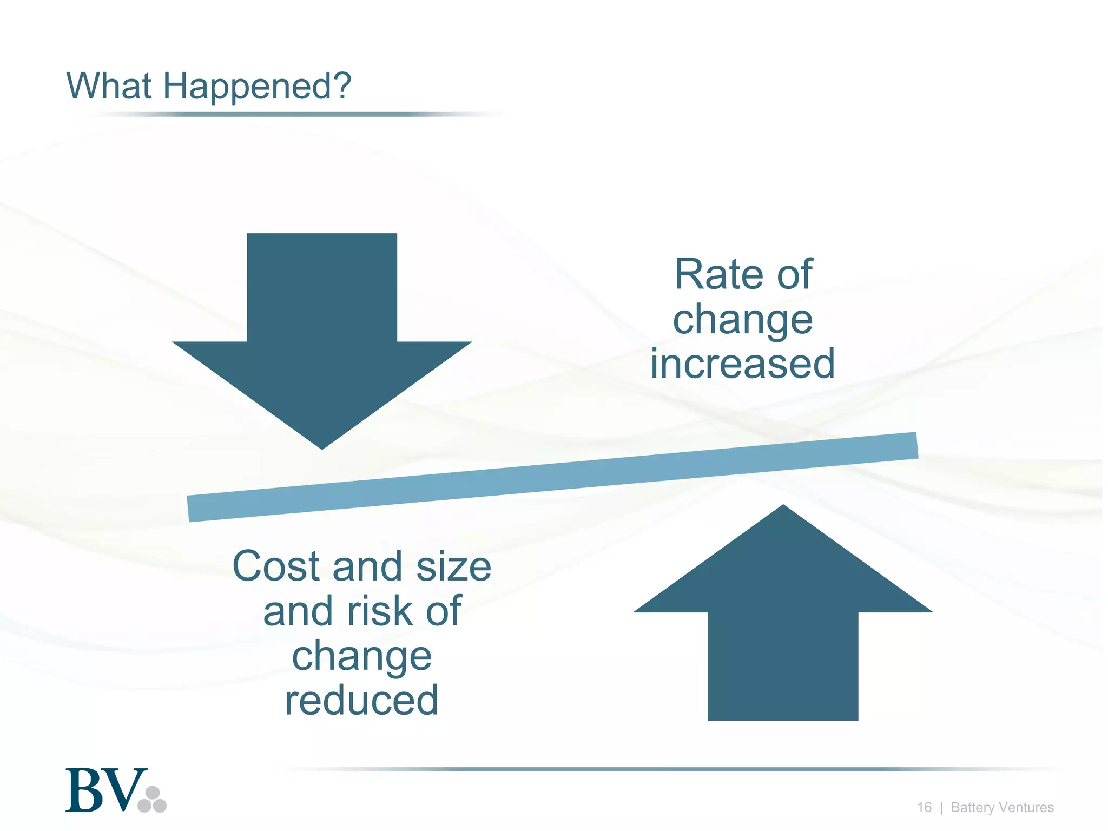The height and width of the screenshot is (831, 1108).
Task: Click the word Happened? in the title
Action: (x=257, y=87)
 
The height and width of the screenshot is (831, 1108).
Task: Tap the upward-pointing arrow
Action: (x=783, y=622)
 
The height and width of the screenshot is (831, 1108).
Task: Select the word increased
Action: (x=742, y=364)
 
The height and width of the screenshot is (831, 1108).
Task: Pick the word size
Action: (x=453, y=566)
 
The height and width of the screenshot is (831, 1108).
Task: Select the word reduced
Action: (x=361, y=700)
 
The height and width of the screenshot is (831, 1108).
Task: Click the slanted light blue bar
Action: (x=552, y=477)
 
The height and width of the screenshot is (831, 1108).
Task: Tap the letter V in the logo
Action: (x=126, y=790)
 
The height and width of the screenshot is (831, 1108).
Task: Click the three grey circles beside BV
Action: (x=153, y=800)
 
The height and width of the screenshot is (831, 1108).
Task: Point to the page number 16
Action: (x=924, y=807)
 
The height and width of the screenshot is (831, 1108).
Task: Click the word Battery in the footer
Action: (x=972, y=807)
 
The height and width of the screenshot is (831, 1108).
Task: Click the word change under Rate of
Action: (x=742, y=320)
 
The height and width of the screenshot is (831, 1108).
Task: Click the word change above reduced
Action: (x=361, y=656)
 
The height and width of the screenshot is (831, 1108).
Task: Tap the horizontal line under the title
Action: (x=292, y=114)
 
